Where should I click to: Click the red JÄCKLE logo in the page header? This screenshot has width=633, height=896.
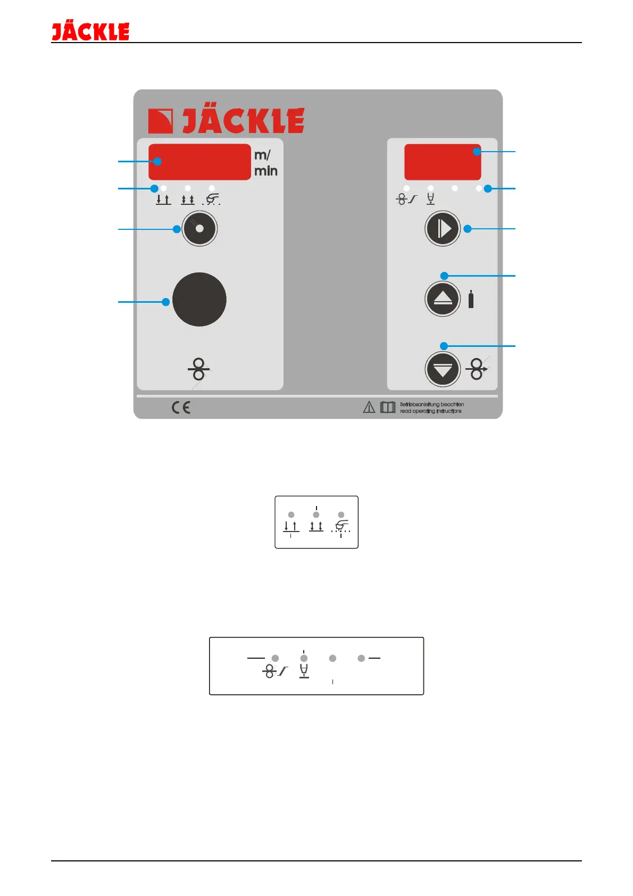pos(90,32)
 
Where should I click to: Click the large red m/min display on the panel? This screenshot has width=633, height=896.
pos(199,162)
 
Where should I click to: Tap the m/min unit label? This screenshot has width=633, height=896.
pos(265,163)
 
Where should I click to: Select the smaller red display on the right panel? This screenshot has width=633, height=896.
pos(443,162)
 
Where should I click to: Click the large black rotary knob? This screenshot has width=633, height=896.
pos(199,300)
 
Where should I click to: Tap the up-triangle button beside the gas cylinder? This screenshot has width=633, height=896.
pos(443,298)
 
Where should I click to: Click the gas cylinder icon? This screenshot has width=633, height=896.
pos(471,300)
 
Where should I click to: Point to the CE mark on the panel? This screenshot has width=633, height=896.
pos(181,408)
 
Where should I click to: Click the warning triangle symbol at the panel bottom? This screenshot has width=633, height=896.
pos(369,408)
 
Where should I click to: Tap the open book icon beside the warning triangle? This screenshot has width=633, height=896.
pos(388,408)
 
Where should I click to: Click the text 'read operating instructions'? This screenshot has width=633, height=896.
pos(431,411)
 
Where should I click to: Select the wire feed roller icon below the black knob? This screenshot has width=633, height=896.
pos(198,369)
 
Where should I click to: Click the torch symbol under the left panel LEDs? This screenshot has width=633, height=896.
pos(212,200)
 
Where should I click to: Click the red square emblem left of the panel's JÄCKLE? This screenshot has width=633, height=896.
pos(160,121)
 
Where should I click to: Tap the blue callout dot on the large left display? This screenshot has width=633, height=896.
pos(158,161)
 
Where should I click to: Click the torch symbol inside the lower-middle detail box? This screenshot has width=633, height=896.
pos(342,526)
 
